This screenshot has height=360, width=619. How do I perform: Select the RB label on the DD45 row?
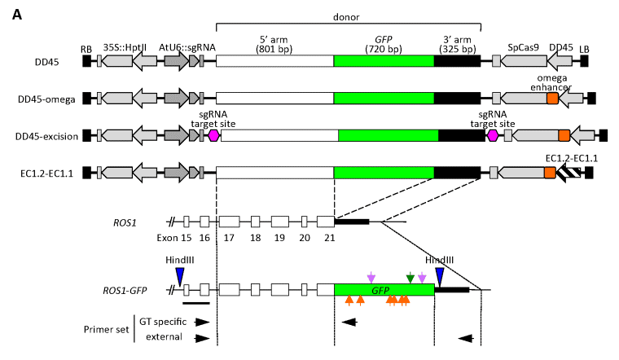pos(86,48)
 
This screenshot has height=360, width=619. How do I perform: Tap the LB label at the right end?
pos(584,48)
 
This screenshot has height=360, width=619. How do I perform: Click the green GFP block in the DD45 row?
pos(384,61)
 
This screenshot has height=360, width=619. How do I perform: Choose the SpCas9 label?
pos(521,48)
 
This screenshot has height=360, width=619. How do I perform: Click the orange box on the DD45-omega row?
pos(552,99)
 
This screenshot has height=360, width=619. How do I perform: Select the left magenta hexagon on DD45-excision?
pos(214,135)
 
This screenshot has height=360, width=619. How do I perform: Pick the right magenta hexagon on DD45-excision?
pos(492,135)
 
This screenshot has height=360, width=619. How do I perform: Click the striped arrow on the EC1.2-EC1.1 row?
pos(574,172)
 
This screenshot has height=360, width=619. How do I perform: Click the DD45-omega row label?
pos(46,99)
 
